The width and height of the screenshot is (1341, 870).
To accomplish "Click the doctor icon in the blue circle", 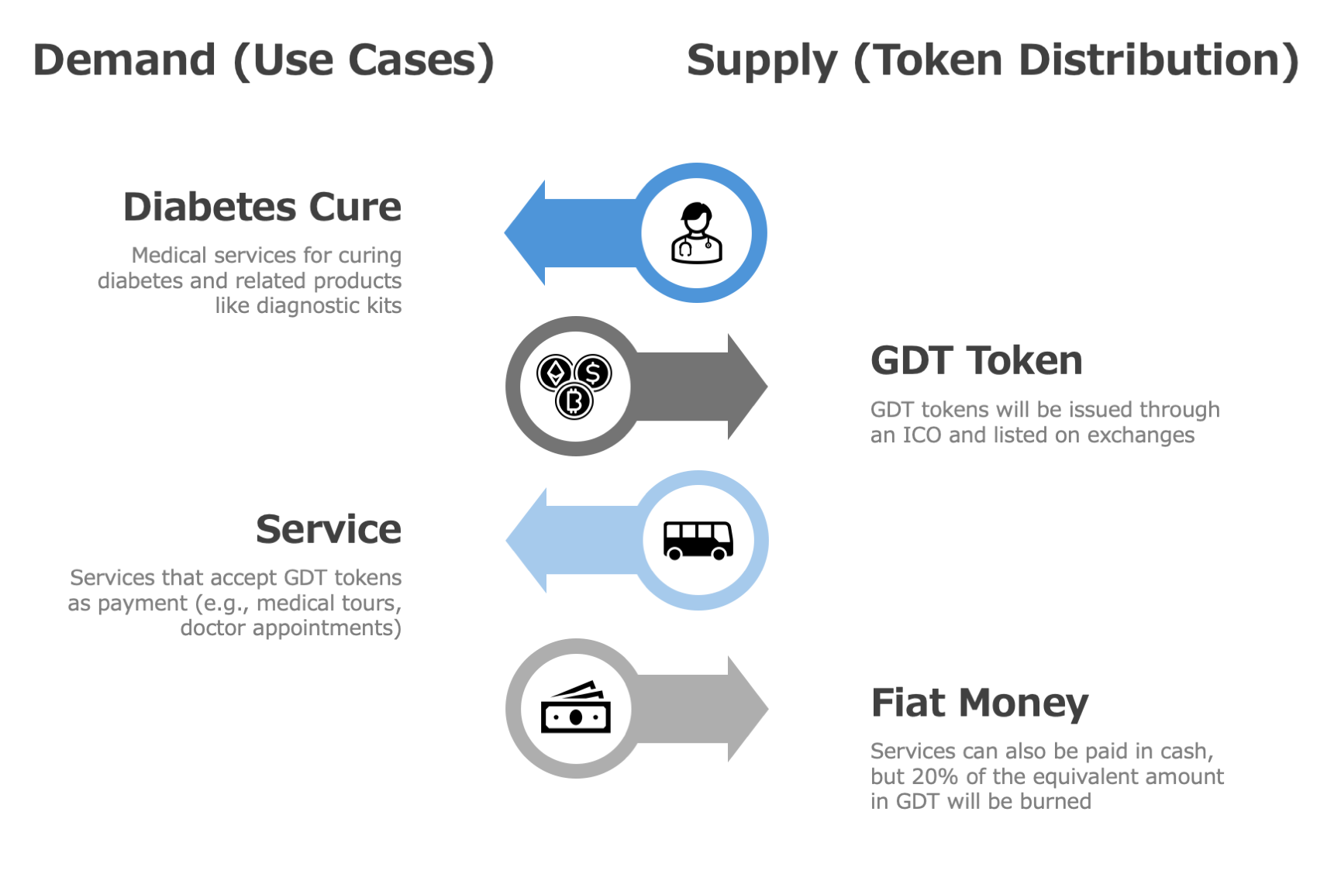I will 696,233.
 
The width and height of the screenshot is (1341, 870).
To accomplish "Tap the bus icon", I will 698,540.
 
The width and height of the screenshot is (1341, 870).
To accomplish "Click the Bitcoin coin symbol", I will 574,401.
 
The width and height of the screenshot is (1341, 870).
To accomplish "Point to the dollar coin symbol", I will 593,373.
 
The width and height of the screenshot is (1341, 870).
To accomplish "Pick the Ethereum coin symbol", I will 555,373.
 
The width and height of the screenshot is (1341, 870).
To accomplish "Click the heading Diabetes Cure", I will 262,207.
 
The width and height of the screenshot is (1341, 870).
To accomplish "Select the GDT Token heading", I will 976,360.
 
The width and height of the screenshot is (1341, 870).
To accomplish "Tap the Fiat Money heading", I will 979,703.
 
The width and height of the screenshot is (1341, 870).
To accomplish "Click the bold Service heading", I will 329,529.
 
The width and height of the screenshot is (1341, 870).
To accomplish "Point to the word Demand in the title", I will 125,60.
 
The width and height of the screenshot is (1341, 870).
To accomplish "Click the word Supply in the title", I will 762,60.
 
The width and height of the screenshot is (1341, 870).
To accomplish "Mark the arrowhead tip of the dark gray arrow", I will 766,386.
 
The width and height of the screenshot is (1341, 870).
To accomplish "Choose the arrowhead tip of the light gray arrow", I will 767,708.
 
